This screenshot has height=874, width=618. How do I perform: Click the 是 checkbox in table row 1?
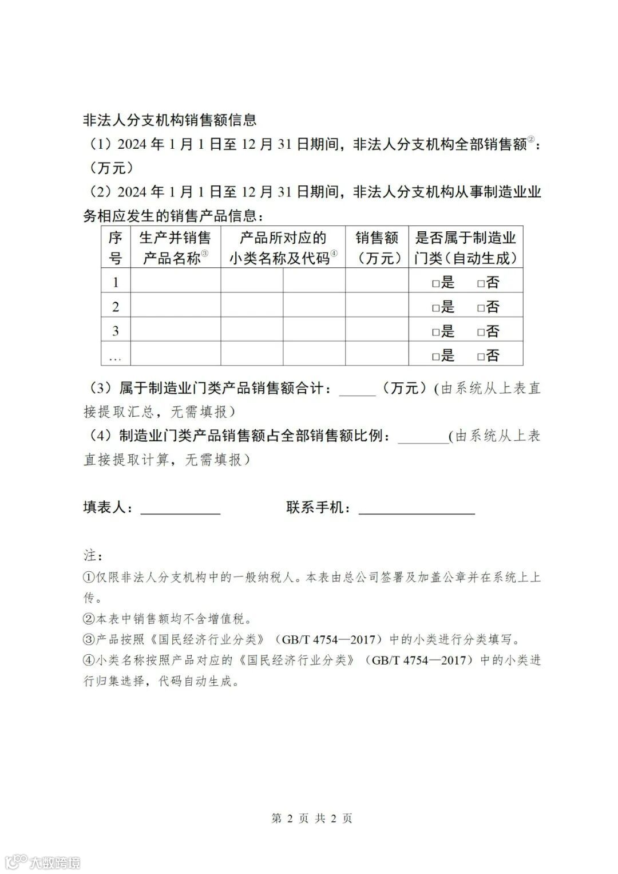[x=435, y=283]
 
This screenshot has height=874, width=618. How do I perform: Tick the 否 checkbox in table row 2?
[x=481, y=307]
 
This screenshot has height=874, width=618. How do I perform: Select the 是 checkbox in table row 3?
[x=435, y=332]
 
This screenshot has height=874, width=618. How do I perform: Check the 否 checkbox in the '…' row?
[x=481, y=357]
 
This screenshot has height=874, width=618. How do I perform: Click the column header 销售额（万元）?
[x=377, y=248]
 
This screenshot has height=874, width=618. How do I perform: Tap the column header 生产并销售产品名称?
[x=175, y=248]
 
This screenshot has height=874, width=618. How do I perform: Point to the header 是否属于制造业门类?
[x=465, y=248]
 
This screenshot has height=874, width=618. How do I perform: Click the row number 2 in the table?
[x=116, y=307]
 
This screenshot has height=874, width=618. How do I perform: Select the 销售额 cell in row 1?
[x=377, y=281]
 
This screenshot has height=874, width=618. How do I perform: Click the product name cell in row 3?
[x=175, y=330]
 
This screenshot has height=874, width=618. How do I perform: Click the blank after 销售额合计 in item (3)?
[x=358, y=389]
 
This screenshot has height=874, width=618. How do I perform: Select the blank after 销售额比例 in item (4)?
[x=423, y=437]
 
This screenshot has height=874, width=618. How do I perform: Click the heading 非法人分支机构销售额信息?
[x=170, y=120]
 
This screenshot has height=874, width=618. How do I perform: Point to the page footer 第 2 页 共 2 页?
[x=312, y=818]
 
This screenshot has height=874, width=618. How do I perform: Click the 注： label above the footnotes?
[x=93, y=555]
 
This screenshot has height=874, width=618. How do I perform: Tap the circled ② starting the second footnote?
[x=89, y=619]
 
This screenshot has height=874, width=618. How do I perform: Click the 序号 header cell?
[x=116, y=248]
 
